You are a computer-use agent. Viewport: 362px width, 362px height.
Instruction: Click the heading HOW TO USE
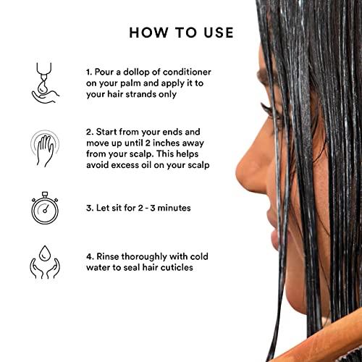click(181, 33)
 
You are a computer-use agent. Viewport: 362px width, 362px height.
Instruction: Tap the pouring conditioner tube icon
click(46, 80)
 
